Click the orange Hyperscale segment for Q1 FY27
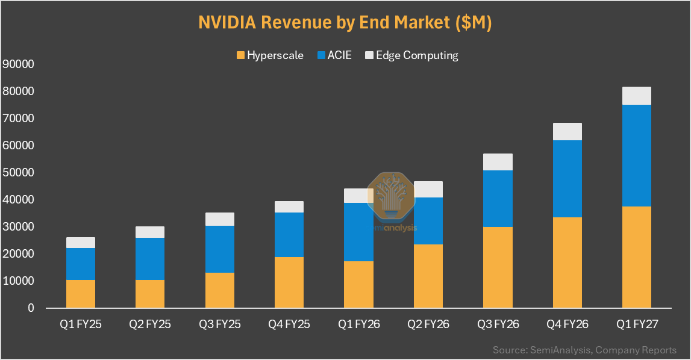[x=636, y=257]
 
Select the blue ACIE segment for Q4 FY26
[x=567, y=179]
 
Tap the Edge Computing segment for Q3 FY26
[x=498, y=162]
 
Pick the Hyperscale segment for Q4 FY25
[x=289, y=282]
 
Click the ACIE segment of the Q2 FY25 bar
[x=150, y=259]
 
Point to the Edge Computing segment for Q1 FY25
[x=81, y=243]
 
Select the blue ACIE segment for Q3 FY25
[x=220, y=249]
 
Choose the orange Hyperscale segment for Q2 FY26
[x=428, y=276]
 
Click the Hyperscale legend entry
[x=270, y=55]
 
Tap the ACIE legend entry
[x=334, y=55]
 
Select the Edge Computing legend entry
[x=412, y=55]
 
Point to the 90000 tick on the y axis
[x=18, y=64]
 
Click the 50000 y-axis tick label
[x=18, y=173]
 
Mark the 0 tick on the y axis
[x=31, y=308]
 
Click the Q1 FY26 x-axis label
[x=358, y=324]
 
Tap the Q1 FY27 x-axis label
[x=637, y=324]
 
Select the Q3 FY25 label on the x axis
[x=219, y=324]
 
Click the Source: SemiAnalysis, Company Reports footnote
[x=584, y=350]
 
